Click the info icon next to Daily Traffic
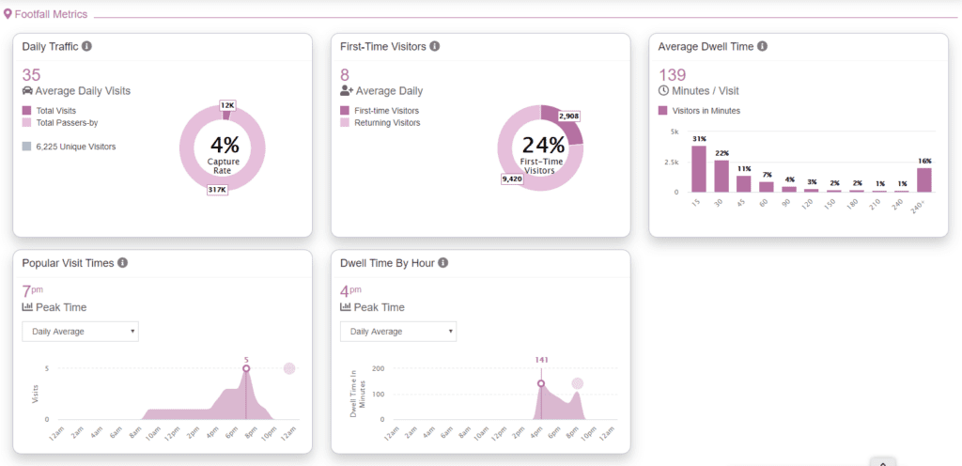coord(86,46)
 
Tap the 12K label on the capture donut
coord(227,105)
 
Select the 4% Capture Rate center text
coord(224,149)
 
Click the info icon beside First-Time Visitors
coord(435,46)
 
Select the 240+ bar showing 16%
coord(924,179)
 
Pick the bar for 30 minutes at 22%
coord(721,176)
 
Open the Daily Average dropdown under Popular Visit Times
coord(80,332)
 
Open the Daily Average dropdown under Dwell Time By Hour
coord(398,332)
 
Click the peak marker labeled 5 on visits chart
coord(246,368)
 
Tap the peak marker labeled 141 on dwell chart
coord(541,383)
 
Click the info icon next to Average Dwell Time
coord(763,46)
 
